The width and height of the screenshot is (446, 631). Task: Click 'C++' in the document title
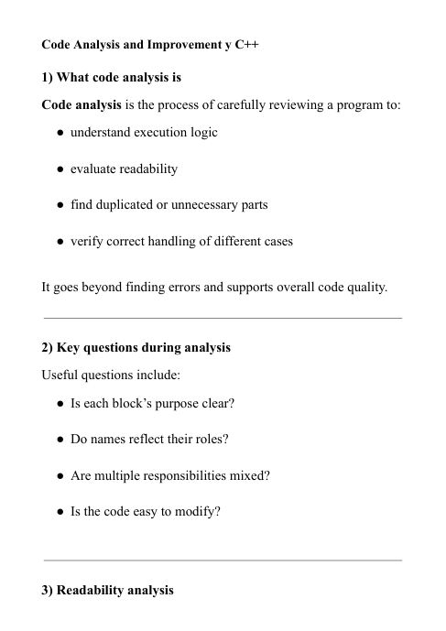[246, 44]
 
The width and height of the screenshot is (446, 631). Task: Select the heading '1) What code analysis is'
[112, 78]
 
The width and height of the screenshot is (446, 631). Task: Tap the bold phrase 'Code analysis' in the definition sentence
[82, 104]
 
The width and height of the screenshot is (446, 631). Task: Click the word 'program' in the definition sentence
[345, 104]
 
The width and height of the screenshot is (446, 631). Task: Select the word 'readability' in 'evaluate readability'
[149, 169]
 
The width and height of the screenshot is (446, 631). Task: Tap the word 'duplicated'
[122, 205]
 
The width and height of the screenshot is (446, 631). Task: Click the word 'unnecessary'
[201, 205]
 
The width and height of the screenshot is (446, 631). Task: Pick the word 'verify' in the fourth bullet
[87, 242]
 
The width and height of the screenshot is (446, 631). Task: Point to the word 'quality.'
[364, 287]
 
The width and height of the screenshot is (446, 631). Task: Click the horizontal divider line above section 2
[223, 318]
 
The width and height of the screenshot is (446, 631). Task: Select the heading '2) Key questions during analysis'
[136, 348]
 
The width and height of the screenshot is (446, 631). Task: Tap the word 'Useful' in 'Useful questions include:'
[61, 375]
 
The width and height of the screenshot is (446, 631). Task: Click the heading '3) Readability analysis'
[108, 591]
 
